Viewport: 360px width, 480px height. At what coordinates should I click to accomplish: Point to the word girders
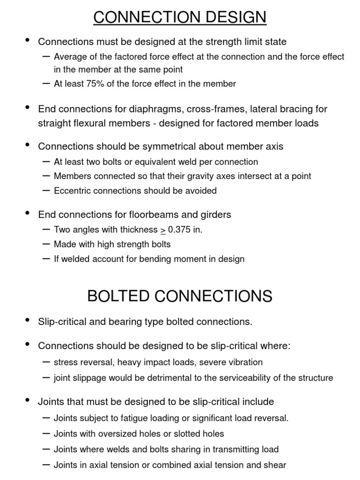point(215,215)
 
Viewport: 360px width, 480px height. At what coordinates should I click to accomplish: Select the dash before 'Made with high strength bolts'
point(46,244)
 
